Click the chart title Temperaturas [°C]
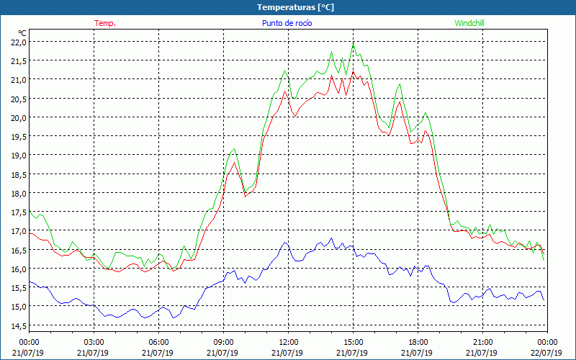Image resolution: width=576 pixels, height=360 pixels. click(295, 7)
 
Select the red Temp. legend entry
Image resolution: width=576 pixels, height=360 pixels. click(105, 23)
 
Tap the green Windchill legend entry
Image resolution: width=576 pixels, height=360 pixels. click(469, 23)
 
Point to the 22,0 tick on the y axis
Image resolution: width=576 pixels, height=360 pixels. click(19, 42)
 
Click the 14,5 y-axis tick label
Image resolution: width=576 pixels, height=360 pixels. click(19, 325)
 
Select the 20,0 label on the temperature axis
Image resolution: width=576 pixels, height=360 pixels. click(19, 117)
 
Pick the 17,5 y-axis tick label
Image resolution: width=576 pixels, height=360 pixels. click(19, 212)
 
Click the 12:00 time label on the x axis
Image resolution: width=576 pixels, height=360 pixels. click(288, 342)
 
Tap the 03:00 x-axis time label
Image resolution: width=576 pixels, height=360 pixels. click(94, 342)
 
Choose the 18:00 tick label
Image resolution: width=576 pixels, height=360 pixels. click(418, 342)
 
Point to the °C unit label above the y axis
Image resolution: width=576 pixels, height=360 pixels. click(22, 32)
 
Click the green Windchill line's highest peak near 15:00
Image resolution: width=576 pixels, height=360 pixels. click(353, 45)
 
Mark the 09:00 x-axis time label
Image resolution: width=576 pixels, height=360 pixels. click(223, 342)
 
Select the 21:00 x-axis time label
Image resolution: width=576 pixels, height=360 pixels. click(482, 342)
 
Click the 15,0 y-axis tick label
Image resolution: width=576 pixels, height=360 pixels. click(19, 306)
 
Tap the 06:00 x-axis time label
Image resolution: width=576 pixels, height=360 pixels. click(158, 342)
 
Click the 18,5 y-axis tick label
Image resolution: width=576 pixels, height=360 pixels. click(19, 174)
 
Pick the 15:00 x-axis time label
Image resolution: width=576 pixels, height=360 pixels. click(353, 342)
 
